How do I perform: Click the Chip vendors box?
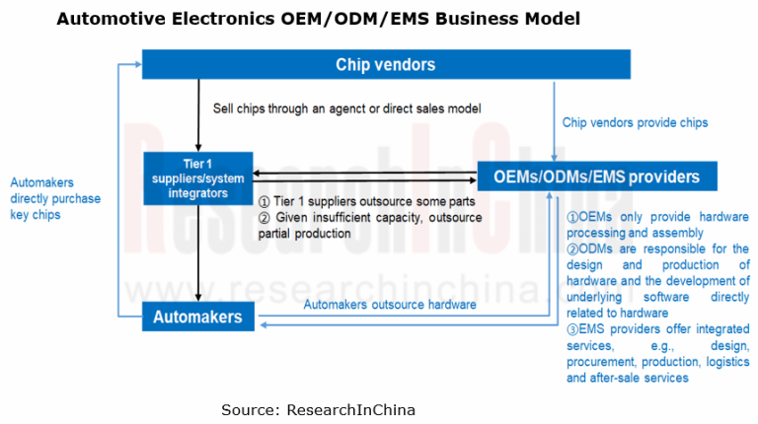[385, 65]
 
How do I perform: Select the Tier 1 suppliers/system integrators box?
[198, 178]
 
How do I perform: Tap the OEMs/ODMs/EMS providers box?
[597, 177]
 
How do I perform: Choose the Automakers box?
[198, 318]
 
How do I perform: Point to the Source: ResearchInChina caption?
[318, 408]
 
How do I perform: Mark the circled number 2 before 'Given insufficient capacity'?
[265, 218]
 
